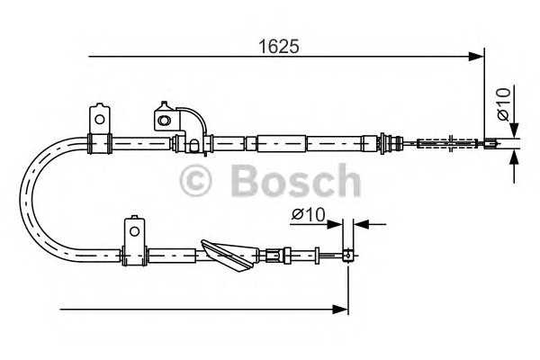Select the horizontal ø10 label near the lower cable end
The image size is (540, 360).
(x=309, y=215)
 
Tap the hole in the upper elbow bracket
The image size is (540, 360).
(x=164, y=118)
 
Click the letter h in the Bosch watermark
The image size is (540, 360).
(x=345, y=181)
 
